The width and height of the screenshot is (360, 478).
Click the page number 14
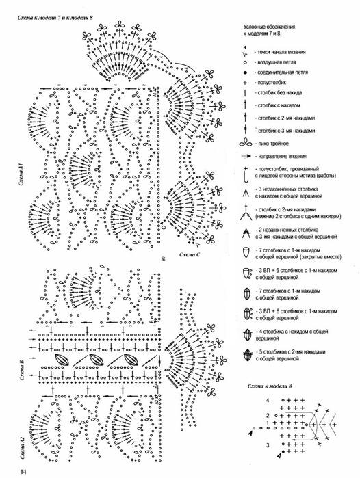[23, 470]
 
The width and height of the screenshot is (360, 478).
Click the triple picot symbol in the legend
[244, 144]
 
